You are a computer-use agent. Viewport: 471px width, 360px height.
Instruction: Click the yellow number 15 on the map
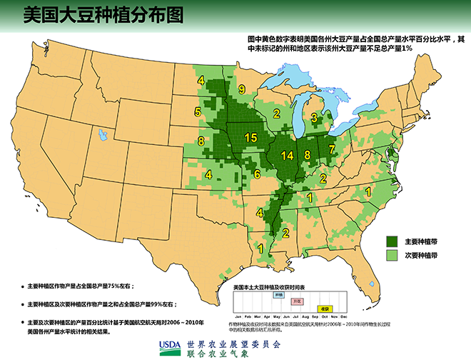pyautogui.click(x=250, y=137)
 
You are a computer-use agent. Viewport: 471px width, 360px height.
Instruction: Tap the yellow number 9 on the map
pyautogui.click(x=242, y=89)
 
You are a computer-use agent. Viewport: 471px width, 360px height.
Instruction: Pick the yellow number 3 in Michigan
pyautogui.click(x=314, y=117)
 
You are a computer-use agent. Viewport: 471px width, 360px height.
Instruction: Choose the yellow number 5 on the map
pyautogui.click(x=197, y=112)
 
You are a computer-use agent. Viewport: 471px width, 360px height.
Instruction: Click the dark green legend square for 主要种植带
pyautogui.click(x=391, y=241)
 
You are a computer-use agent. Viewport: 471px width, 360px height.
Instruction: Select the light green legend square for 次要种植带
pyautogui.click(x=391, y=254)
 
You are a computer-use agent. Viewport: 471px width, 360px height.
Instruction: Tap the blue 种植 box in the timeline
pyautogui.click(x=278, y=294)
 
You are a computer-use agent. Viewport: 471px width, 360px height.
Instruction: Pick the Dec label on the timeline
pyautogui.click(x=344, y=316)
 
